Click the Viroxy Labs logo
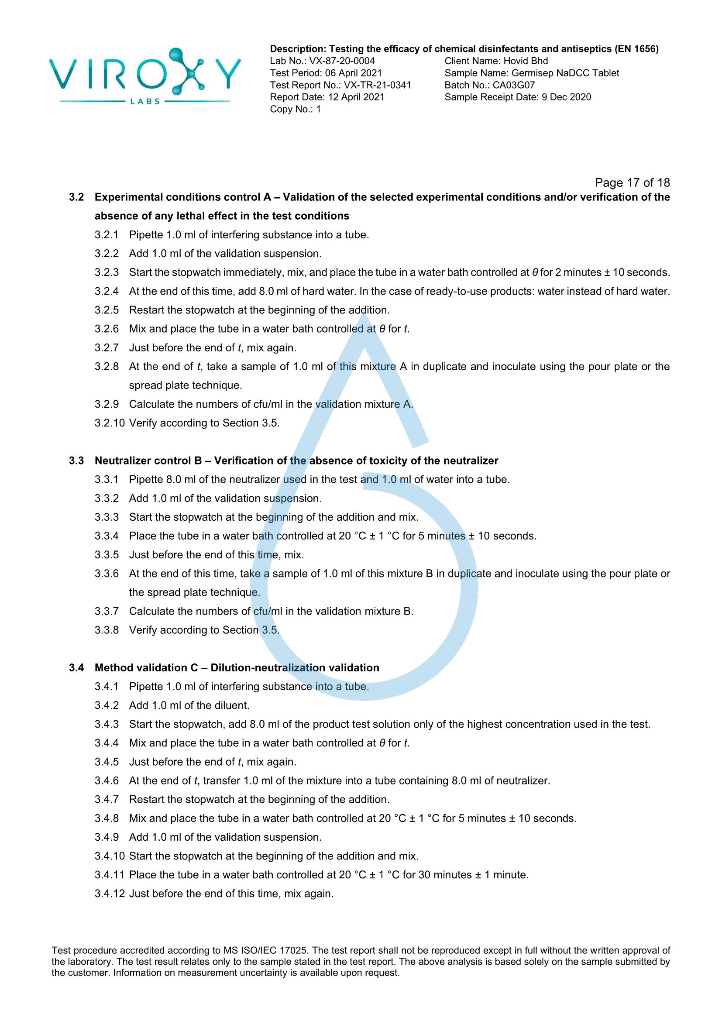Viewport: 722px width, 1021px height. [x=145, y=76]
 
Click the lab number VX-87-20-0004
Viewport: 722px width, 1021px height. [x=342, y=61]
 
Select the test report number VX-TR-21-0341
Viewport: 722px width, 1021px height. [x=378, y=85]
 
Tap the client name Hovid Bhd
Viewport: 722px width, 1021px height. [x=526, y=61]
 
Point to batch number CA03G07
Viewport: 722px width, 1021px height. [x=513, y=85]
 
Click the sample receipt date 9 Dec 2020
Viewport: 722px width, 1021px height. [x=566, y=97]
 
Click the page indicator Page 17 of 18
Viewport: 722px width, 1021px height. [x=632, y=182]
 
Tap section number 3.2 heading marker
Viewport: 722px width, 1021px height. [x=76, y=197]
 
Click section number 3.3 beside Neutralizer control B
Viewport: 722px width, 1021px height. [x=76, y=461]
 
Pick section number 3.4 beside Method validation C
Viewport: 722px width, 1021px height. [x=76, y=667]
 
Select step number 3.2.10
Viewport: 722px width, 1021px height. [x=110, y=423]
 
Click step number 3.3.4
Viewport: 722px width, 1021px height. [x=107, y=536]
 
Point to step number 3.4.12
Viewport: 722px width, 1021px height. [x=110, y=894]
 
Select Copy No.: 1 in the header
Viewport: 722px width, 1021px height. [x=295, y=109]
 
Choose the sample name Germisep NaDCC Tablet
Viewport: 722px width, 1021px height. [x=565, y=73]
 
